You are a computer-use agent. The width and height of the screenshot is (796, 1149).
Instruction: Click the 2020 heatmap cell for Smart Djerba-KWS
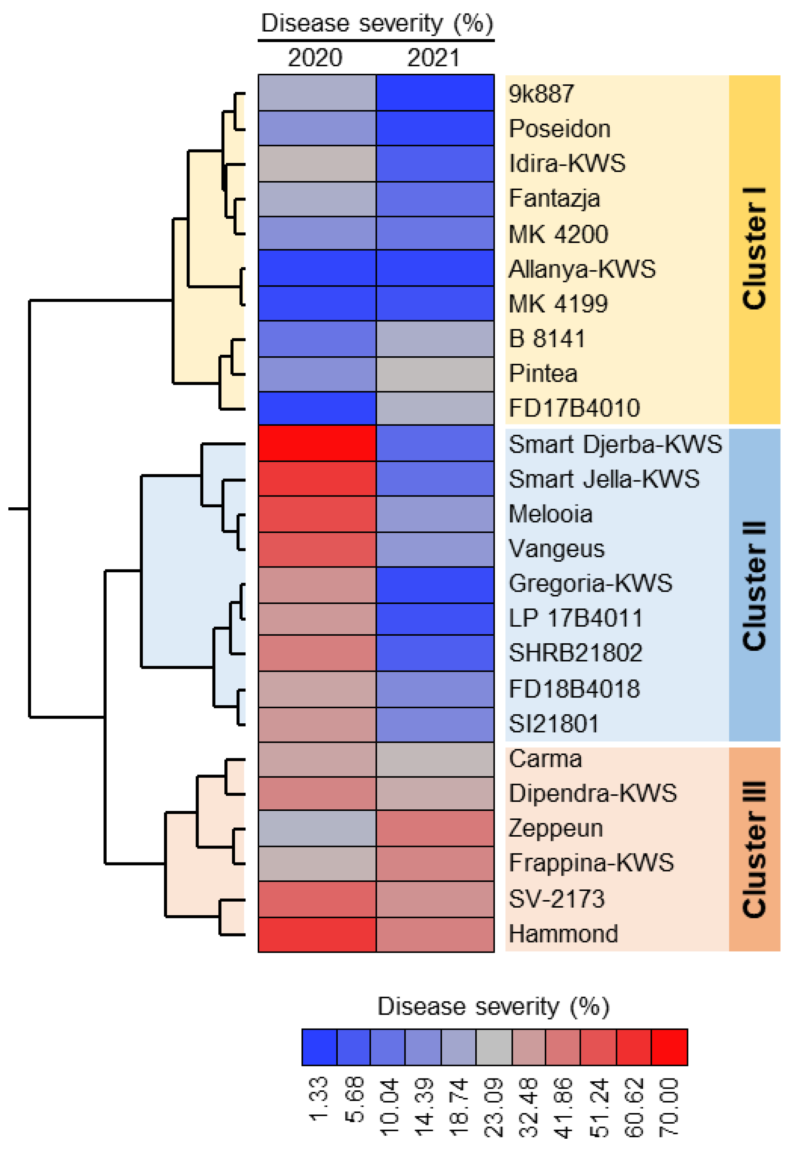(x=317, y=444)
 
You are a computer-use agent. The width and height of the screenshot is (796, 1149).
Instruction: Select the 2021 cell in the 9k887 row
(x=435, y=93)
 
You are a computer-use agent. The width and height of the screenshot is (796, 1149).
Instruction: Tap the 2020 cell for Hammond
(x=317, y=934)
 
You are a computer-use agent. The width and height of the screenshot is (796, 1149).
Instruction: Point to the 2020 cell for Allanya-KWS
(x=317, y=268)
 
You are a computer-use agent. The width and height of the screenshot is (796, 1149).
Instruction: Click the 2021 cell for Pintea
(x=435, y=374)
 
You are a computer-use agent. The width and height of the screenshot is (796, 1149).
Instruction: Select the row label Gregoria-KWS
(x=590, y=583)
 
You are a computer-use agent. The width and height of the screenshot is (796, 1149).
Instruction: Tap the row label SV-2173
(x=556, y=899)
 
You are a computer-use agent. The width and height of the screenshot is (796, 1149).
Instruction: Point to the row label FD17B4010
(x=574, y=408)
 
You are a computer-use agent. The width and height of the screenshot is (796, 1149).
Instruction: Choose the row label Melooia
(x=550, y=514)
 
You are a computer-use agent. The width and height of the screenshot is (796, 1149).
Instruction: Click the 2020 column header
(x=315, y=58)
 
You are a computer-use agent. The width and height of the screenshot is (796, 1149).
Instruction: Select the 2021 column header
(x=433, y=58)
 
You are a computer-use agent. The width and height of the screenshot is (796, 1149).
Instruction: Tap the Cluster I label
(x=754, y=249)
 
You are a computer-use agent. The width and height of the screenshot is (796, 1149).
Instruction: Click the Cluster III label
(x=754, y=849)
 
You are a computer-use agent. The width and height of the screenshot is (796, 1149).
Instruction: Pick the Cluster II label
(x=754, y=585)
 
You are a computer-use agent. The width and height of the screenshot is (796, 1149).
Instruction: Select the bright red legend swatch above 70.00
(x=669, y=1047)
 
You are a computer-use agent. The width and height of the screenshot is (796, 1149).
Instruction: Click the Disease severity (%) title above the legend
(x=493, y=1006)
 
